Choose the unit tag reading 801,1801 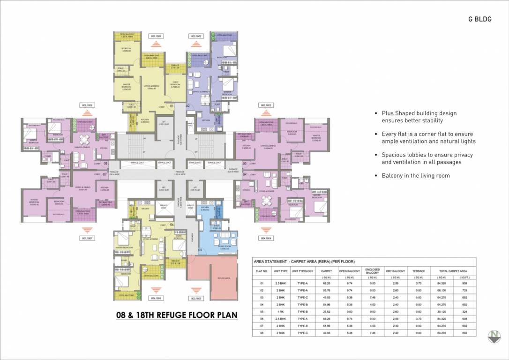[156, 36]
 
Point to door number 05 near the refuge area [200, 250]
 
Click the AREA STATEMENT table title [304, 261]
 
